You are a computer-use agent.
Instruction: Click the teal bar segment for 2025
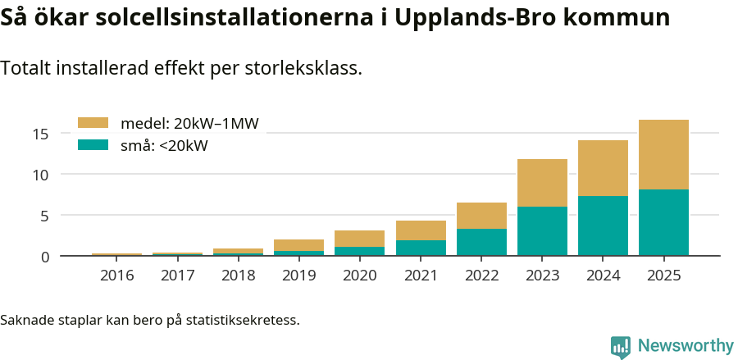[663, 222]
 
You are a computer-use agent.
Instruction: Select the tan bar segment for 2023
[542, 183]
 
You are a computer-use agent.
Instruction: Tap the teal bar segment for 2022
[481, 242]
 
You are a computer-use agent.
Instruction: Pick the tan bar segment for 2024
[603, 168]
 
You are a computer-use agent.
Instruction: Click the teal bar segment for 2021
[421, 248]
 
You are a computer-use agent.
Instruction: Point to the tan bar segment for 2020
[359, 239]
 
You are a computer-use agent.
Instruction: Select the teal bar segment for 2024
[603, 226]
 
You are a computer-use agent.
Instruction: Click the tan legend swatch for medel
[93, 123]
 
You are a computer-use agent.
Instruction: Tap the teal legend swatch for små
[93, 145]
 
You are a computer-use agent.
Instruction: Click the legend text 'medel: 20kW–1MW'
[189, 124]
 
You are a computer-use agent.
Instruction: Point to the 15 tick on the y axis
[41, 134]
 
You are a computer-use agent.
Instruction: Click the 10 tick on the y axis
[41, 175]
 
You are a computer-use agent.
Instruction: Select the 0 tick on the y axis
[45, 257]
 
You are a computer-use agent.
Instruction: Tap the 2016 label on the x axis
[116, 276]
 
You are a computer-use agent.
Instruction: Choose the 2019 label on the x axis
[298, 276]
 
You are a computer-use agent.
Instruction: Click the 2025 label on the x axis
[663, 276]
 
